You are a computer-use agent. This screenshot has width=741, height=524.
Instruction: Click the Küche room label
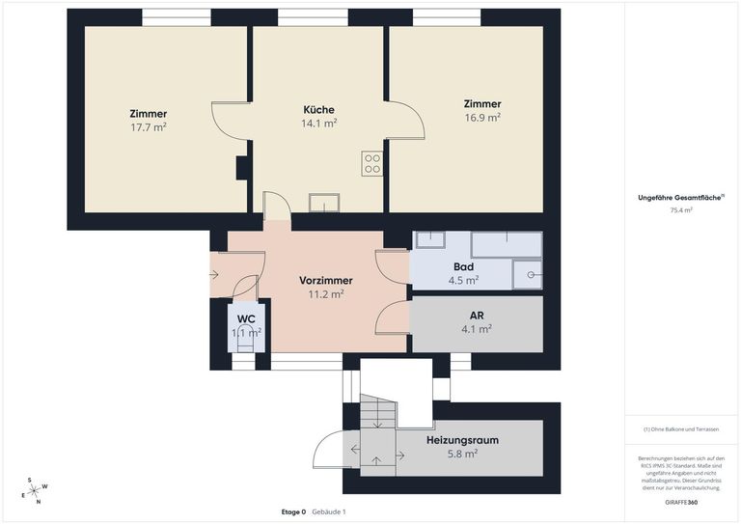pyautogui.click(x=319, y=109)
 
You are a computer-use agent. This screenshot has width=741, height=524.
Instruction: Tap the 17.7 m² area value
pyautogui.click(x=149, y=126)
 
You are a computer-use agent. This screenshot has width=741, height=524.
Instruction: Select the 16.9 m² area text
pyautogui.click(x=481, y=118)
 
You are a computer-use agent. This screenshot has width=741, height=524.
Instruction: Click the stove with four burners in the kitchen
pyautogui.click(x=372, y=163)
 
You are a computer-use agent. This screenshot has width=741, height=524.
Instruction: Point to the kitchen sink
pyautogui.click(x=324, y=203)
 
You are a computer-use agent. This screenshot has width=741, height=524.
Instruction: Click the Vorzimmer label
pyautogui.click(x=325, y=281)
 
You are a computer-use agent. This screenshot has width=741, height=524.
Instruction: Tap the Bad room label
pyautogui.click(x=463, y=267)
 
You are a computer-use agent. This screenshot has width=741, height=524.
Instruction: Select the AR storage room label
pyautogui.click(x=476, y=315)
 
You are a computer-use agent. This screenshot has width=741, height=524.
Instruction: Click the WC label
pyautogui.click(x=246, y=318)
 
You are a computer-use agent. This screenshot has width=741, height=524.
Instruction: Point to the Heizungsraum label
pyautogui.click(x=462, y=440)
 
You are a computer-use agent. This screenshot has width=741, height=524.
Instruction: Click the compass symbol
pyautogui.click(x=34, y=490)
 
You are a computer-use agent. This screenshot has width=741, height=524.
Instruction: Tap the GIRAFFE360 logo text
pyautogui.click(x=681, y=503)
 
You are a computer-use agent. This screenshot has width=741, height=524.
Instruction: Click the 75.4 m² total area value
pyautogui.click(x=681, y=209)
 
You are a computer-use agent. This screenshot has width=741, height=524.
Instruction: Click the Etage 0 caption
pyautogui.click(x=293, y=511)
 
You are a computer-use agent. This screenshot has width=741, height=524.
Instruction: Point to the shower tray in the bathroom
pyautogui.click(x=527, y=275)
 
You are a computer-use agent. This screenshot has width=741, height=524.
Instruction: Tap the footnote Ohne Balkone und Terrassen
pyautogui.click(x=681, y=429)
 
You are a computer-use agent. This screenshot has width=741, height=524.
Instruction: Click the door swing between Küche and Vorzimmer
pyautogui.click(x=276, y=207)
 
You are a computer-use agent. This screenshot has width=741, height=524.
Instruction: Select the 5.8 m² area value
pyautogui.click(x=462, y=453)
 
